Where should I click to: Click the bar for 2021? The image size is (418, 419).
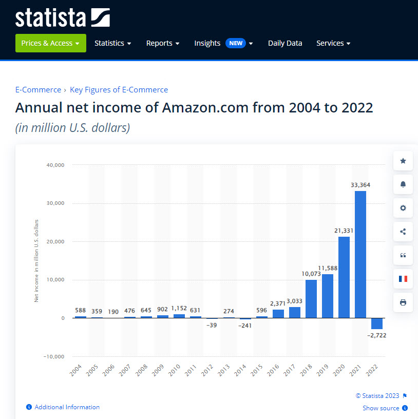pos(360,254)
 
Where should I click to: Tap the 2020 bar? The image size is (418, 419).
pos(344,277)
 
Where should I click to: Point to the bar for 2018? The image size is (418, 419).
pos(311,299)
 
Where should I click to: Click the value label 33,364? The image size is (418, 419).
pos(360,185)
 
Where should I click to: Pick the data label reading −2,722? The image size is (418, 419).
pos(376,335)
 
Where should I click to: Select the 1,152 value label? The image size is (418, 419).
pos(179,308)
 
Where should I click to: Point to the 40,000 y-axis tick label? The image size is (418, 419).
pos(55,165)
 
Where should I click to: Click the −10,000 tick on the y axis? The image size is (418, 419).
pos(53,356)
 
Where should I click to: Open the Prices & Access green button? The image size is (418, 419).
pos(50,43)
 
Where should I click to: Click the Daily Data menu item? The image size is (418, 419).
pos(285,43)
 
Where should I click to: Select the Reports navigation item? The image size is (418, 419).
pos(163,43)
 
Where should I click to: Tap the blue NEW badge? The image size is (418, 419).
pos(236,43)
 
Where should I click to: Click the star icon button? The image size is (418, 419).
pos(403,161)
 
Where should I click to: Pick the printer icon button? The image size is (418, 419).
pos(403,302)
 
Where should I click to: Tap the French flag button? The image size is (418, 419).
pos(403,279)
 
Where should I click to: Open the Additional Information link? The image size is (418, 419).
pos(67,407)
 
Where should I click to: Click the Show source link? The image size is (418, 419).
pos(381,408)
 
